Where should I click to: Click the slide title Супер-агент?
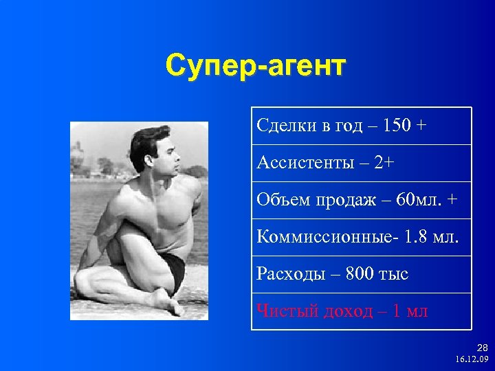pos(256,66)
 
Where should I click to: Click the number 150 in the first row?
pos(396,126)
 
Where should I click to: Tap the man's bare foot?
pos(165,303)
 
